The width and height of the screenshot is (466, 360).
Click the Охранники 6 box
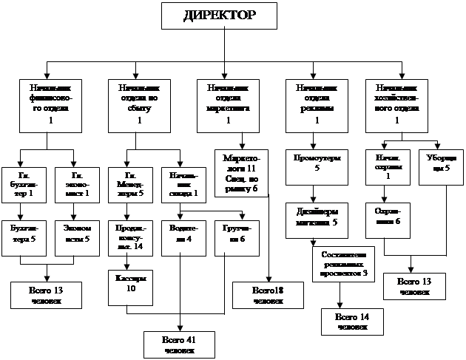(x=387, y=217)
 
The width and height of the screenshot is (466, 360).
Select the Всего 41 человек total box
(x=179, y=344)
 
